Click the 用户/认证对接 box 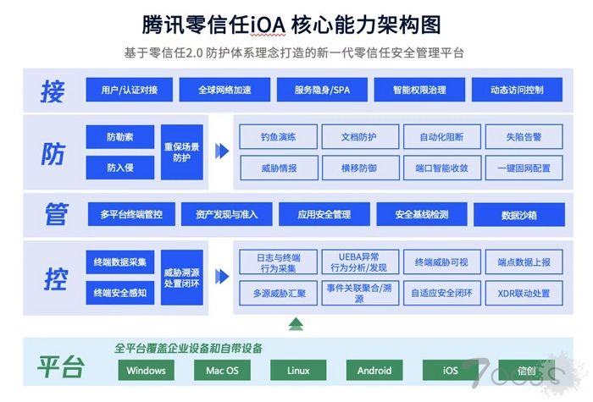click(x=130, y=90)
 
